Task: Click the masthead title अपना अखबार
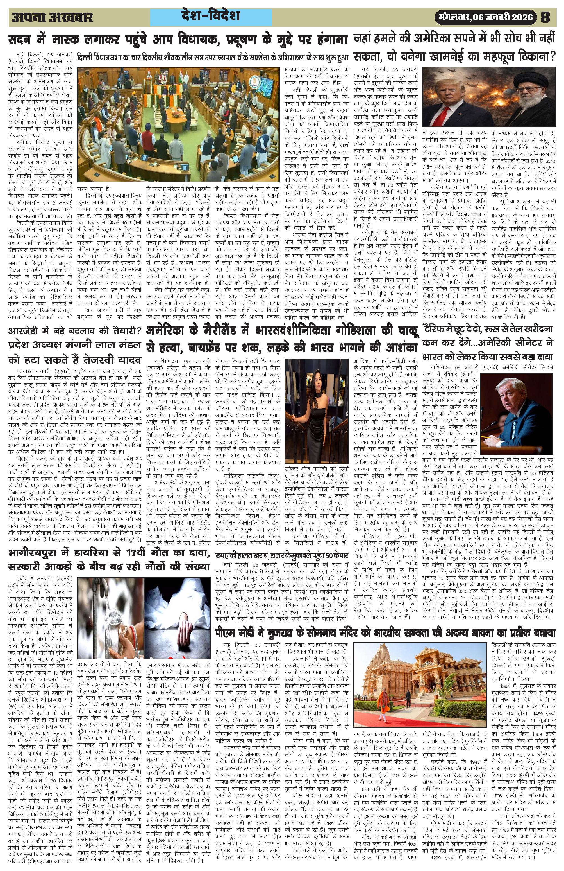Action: point(53,18)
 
